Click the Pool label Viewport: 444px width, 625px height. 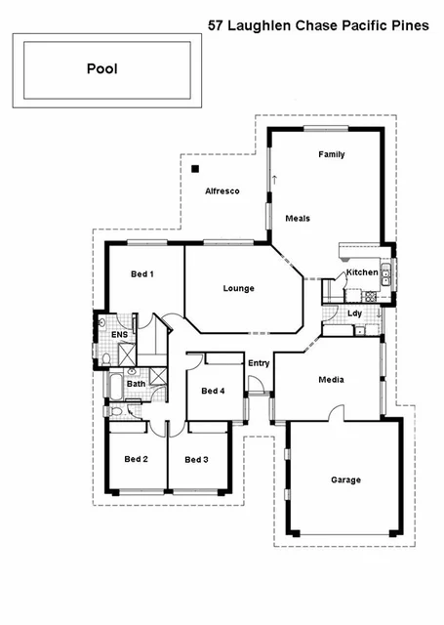102,70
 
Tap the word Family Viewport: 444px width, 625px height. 332,154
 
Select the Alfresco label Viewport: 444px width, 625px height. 222,191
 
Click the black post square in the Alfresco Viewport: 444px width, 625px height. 195,169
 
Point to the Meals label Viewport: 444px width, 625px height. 298,218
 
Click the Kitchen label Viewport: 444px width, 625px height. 362,272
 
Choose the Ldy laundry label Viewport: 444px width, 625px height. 355,312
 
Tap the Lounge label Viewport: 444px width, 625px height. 238,288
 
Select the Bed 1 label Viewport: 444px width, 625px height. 142,274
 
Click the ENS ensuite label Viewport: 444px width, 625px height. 119,335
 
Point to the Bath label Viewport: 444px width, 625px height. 136,384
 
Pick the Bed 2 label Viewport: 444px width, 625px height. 136,459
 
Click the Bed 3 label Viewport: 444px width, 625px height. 196,459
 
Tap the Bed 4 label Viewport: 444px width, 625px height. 213,391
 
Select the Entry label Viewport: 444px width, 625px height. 259,363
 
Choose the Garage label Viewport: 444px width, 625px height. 345,479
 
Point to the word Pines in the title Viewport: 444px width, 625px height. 409,26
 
